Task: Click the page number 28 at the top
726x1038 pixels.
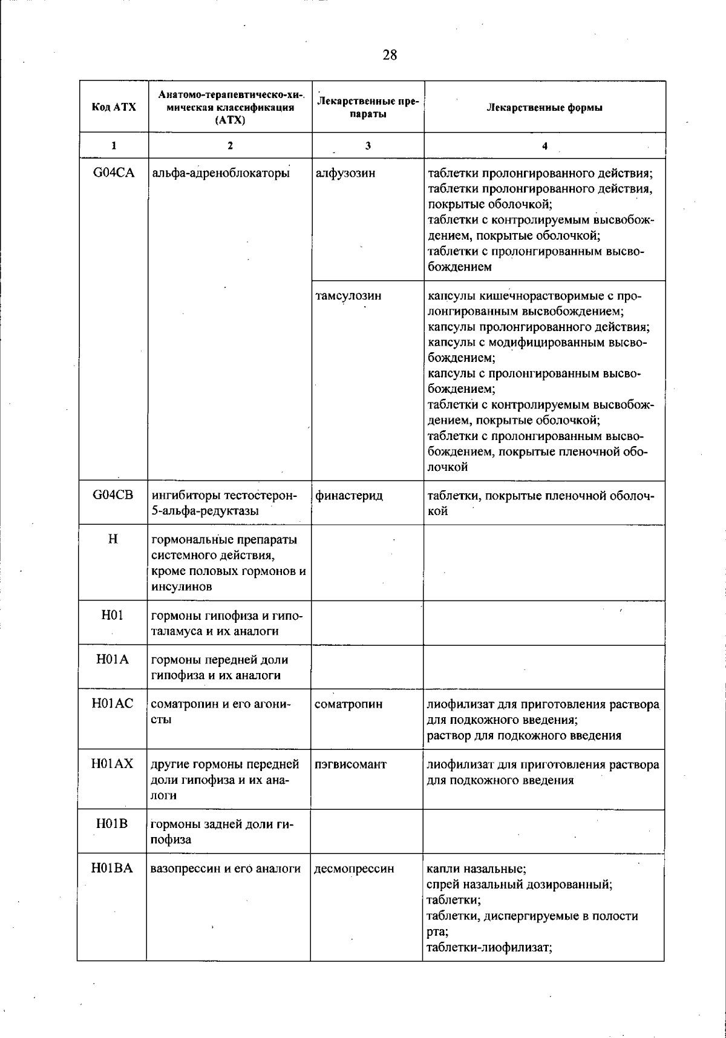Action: click(x=390, y=55)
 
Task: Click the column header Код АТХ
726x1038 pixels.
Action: click(x=114, y=107)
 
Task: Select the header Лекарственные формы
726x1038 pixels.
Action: click(x=544, y=108)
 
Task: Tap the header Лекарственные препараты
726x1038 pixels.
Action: click(x=368, y=107)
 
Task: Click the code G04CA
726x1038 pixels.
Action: click(x=114, y=173)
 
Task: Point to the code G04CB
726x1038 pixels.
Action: click(x=113, y=496)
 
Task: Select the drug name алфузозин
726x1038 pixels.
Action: click(x=345, y=173)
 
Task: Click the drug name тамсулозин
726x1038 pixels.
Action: click(x=348, y=296)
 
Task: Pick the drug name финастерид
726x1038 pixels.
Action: click(x=349, y=496)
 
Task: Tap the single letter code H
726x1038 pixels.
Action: click(x=113, y=539)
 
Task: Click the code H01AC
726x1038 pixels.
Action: click(x=113, y=704)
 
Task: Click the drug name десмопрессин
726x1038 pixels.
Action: click(x=354, y=869)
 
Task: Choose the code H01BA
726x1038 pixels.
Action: click(x=113, y=869)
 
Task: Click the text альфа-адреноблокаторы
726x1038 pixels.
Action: click(x=221, y=173)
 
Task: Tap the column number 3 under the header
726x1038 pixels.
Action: click(x=368, y=145)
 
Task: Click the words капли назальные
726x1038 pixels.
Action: click(x=477, y=869)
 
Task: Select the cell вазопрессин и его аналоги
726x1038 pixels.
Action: click(x=226, y=869)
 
